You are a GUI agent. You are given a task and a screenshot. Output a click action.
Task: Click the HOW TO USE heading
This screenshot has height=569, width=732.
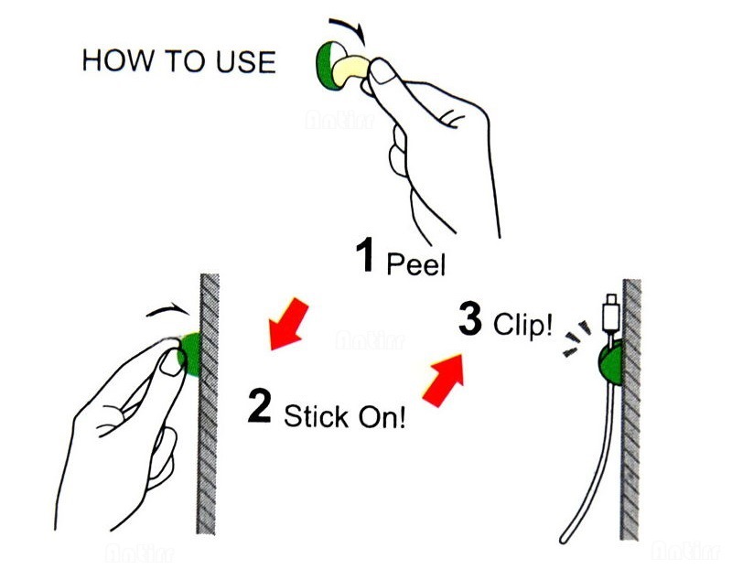[178, 61]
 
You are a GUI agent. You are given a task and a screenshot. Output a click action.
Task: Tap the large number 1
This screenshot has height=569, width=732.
[365, 258]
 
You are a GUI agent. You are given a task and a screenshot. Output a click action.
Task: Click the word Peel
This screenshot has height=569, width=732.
[416, 264]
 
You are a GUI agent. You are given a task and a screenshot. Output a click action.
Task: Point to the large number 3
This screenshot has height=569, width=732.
[469, 319]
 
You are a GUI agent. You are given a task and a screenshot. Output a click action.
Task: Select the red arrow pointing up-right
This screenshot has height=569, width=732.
[443, 379]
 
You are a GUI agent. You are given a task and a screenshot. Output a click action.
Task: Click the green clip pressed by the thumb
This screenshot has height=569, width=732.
[190, 354]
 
